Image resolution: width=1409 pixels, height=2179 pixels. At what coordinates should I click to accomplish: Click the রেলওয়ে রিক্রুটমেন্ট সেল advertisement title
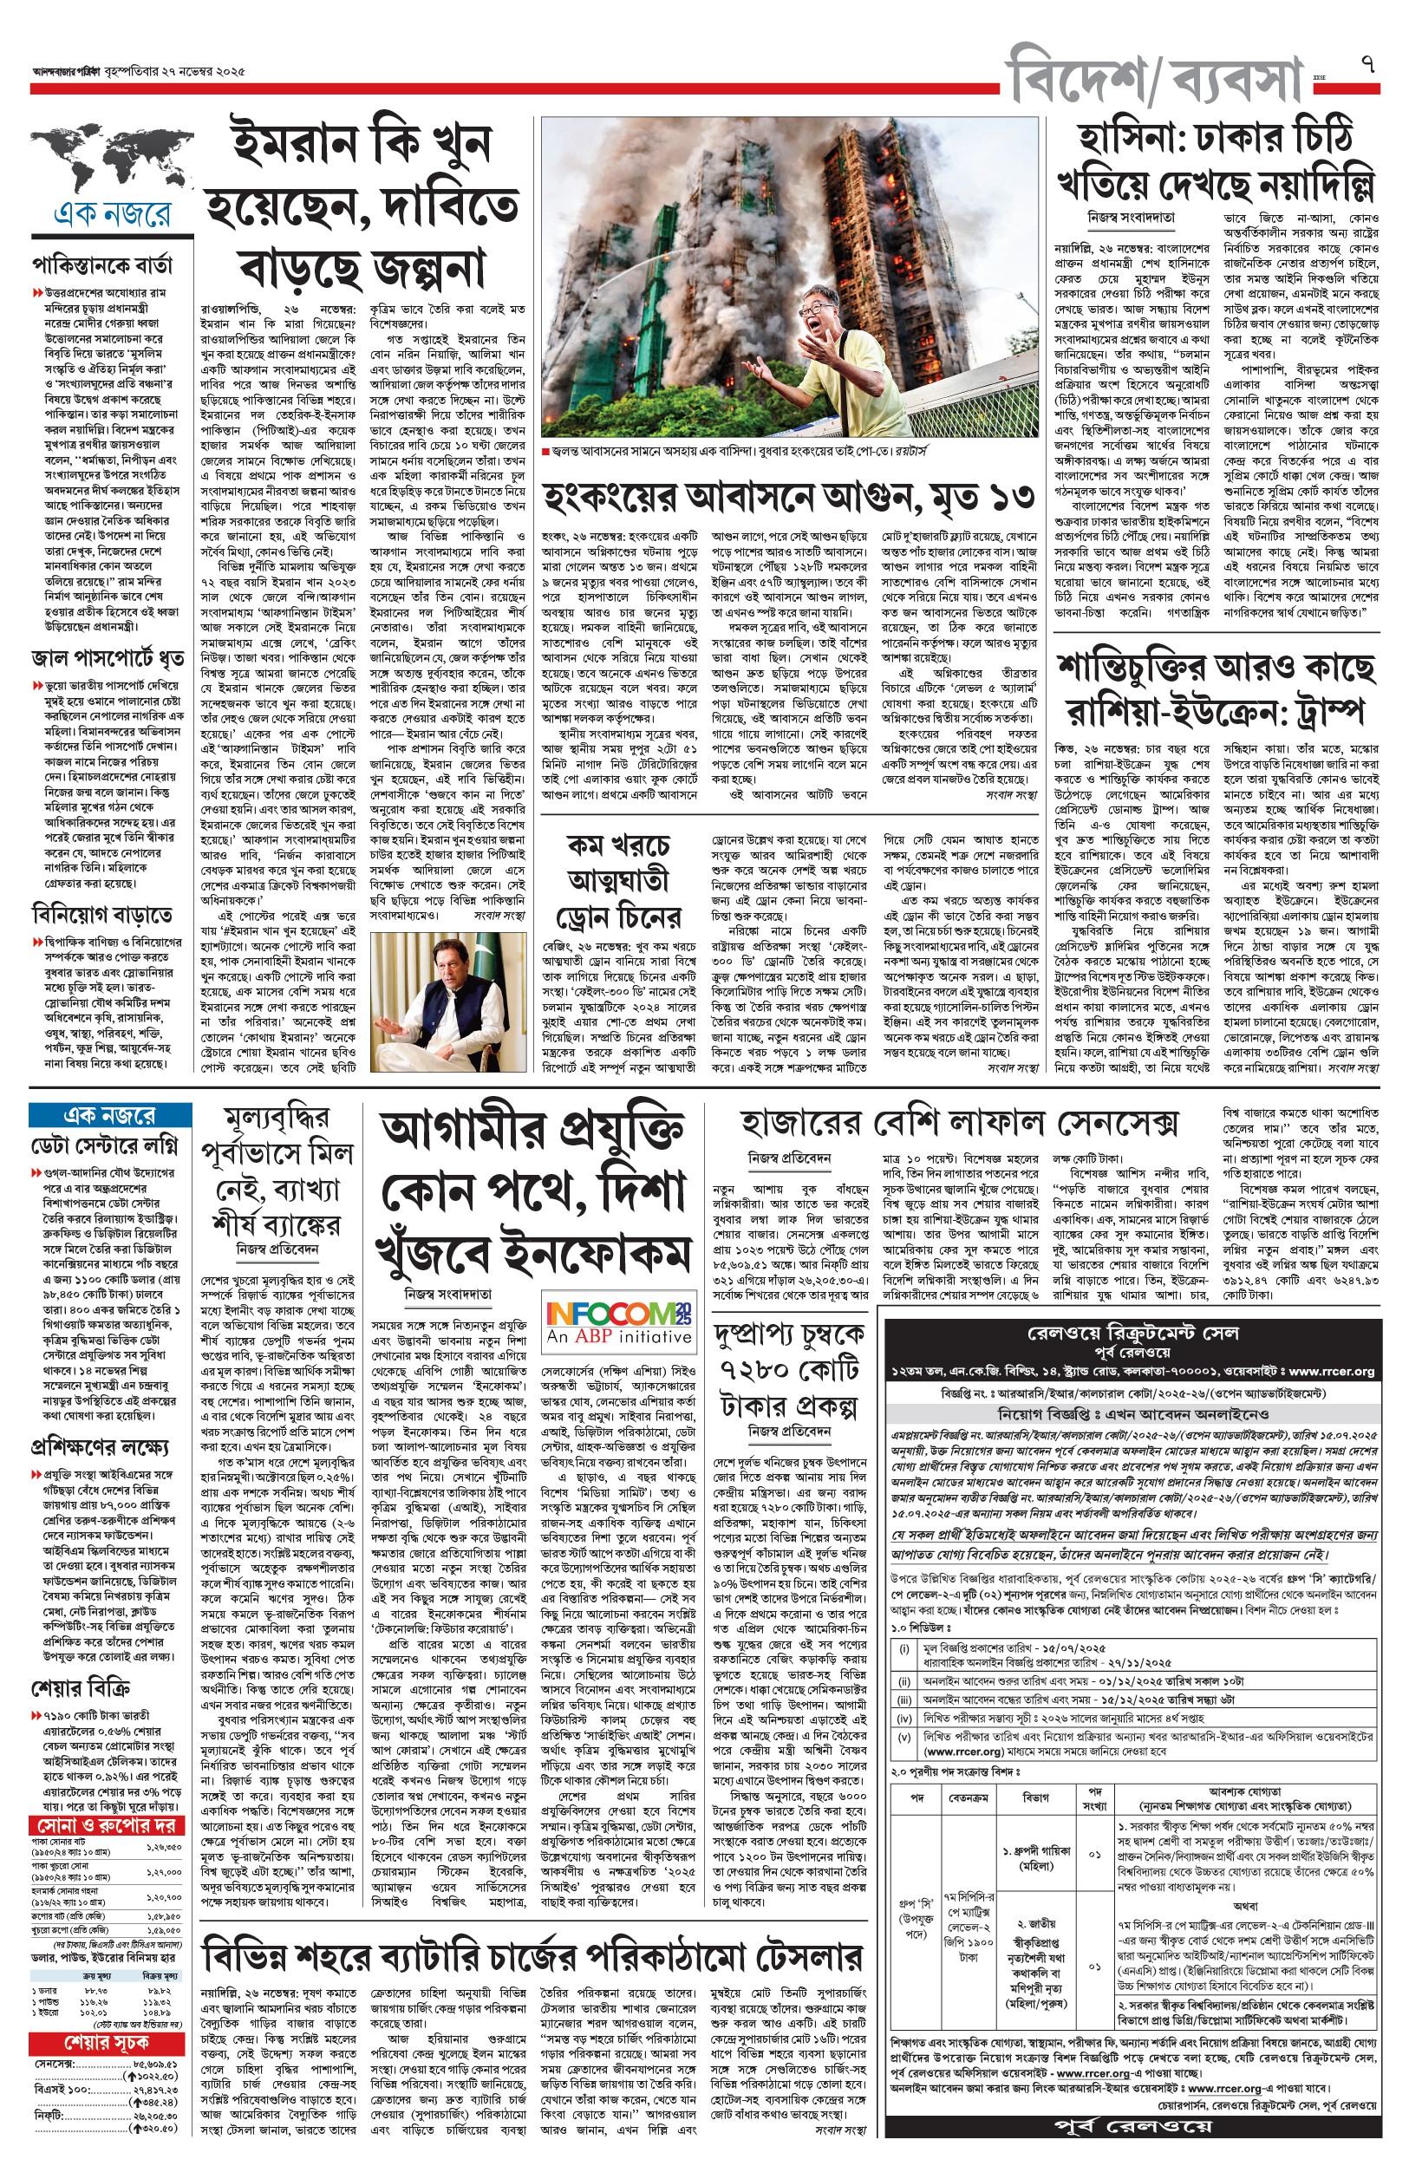(1132, 1334)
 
